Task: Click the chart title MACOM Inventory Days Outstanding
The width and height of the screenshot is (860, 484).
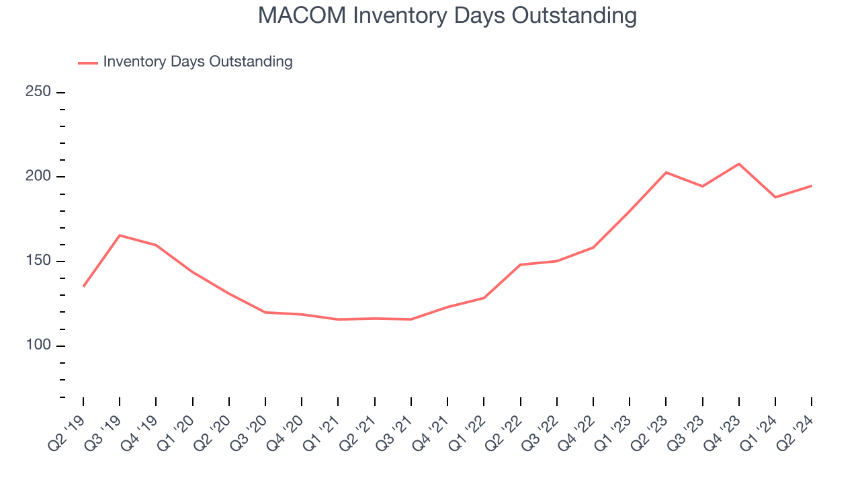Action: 447,15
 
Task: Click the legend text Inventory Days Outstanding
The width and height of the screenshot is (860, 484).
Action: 198,62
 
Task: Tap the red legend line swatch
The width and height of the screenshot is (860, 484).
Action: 88,63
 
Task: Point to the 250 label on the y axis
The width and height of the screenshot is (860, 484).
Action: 38,92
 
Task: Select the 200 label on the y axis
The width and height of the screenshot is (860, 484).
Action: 38,177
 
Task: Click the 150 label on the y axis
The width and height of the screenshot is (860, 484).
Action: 38,261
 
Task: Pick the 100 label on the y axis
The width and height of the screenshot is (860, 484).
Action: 38,346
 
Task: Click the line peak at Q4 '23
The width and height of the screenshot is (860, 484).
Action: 739,163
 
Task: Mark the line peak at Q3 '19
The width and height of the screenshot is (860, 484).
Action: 120,235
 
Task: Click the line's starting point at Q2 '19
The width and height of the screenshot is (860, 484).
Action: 83,286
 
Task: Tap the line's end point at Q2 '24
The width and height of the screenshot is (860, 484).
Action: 812,186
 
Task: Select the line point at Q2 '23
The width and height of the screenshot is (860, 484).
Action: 666,172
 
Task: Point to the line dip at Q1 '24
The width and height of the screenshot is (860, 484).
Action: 775,197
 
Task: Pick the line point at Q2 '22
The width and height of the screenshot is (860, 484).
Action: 521,264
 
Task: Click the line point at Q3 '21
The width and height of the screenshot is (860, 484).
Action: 411,319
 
